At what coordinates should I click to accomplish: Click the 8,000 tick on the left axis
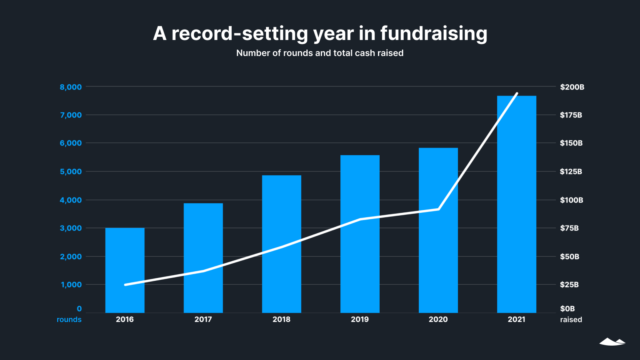pos(71,87)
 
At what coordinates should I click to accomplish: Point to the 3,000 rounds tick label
pos(71,228)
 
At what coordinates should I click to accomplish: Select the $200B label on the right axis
pos(572,87)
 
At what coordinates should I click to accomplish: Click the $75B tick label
pos(569,228)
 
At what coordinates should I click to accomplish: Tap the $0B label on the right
pos(567,309)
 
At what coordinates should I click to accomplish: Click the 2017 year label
pos(203,320)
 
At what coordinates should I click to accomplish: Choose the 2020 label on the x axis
pos(438,320)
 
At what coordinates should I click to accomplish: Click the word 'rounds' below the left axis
pos(69,320)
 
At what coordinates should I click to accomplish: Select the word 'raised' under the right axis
pos(571,320)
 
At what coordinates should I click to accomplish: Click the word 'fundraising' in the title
pos(434,34)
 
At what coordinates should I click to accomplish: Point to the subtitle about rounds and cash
pos(320,53)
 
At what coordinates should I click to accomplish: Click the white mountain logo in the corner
pos(612,342)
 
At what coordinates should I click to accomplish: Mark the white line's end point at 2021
pos(517,94)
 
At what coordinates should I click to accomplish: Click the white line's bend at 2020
pos(439,209)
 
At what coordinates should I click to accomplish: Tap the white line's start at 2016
pos(125,285)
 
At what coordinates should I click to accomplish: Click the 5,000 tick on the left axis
pos(71,172)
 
